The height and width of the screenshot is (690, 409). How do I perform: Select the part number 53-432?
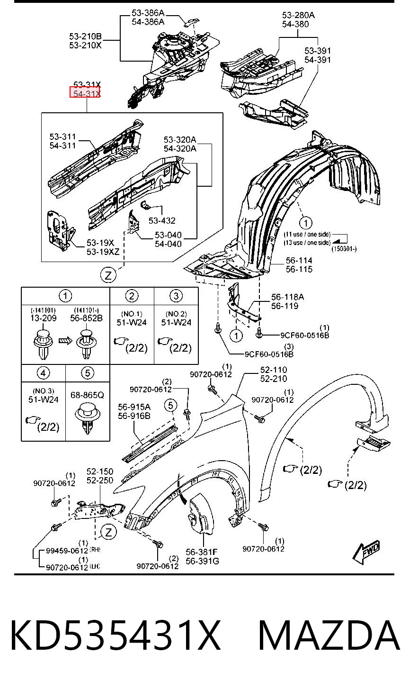(162, 220)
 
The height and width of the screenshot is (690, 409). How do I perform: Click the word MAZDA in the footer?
(329, 636)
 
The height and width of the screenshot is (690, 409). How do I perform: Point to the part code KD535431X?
(116, 636)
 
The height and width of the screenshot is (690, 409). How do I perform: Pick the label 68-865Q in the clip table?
(88, 395)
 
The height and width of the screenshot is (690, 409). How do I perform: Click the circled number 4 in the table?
(43, 373)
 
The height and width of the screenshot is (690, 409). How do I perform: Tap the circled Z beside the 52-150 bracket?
(108, 532)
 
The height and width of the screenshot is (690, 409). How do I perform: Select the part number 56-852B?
(86, 318)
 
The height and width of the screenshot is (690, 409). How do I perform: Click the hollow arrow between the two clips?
(65, 340)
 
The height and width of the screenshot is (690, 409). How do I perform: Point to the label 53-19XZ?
(103, 252)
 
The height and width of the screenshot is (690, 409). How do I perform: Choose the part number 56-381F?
(202, 552)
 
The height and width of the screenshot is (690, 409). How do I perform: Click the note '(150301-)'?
(344, 249)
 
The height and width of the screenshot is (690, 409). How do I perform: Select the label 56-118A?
(287, 297)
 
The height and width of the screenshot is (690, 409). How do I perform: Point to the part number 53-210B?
(85, 36)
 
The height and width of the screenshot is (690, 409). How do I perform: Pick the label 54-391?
(318, 59)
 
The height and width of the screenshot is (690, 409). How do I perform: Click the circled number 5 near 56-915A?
(171, 405)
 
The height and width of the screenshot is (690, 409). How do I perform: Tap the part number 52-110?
(273, 369)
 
